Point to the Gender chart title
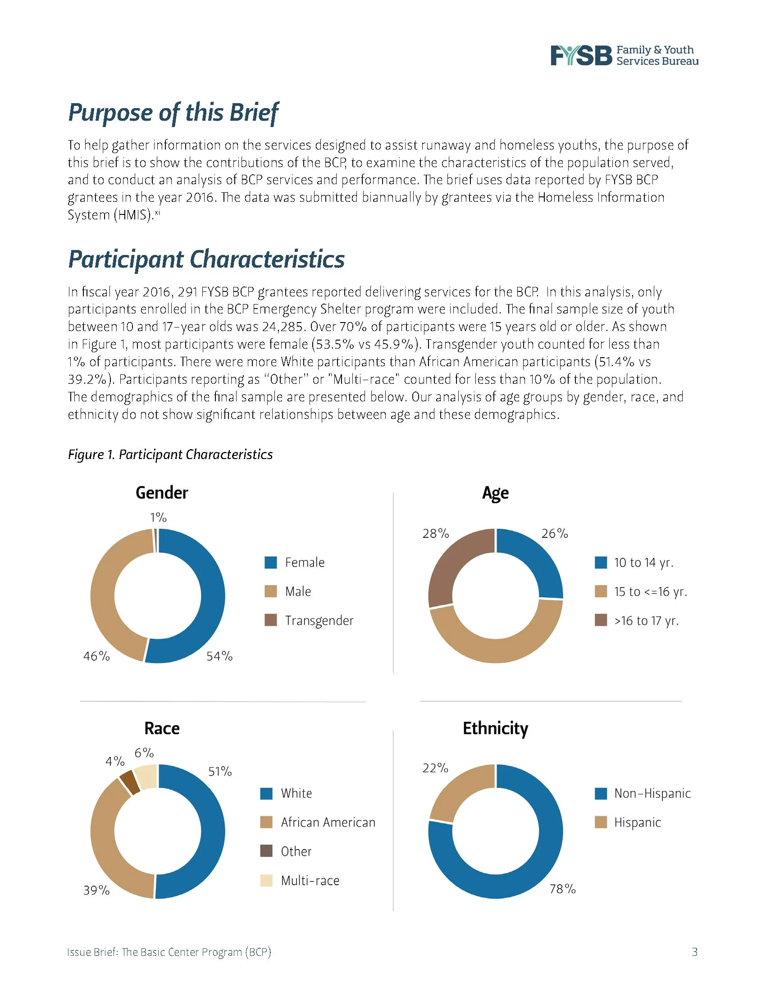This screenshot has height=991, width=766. [x=162, y=493]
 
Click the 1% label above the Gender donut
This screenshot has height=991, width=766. [x=158, y=517]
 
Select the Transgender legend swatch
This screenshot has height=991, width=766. [x=270, y=620]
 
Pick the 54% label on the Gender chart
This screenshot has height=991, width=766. [x=219, y=656]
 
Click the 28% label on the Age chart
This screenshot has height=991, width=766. [x=435, y=534]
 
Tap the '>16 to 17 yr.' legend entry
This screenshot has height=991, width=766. [x=646, y=620]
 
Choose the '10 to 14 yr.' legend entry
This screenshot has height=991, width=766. [x=643, y=563]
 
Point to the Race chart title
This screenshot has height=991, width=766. [x=162, y=728]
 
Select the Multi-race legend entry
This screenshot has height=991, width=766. [x=310, y=881]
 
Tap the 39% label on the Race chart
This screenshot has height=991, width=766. [x=96, y=890]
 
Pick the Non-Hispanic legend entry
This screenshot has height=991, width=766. [x=652, y=793]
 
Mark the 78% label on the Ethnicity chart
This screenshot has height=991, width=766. [x=562, y=889]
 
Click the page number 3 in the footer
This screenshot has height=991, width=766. [x=694, y=952]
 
